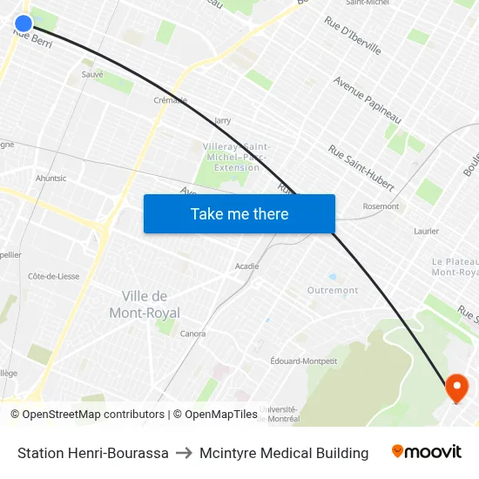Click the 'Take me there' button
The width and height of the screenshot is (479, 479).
(239, 214)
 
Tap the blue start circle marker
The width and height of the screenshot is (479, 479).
(24, 24)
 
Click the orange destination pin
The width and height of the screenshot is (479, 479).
(456, 388)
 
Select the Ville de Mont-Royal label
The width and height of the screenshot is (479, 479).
(145, 305)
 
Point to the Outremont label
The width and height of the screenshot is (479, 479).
(333, 290)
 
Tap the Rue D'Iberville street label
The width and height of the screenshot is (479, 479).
(353, 36)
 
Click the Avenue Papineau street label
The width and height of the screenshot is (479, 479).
(367, 99)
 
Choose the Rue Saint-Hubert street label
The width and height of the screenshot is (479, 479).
(361, 168)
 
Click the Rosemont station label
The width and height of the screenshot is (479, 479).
(381, 206)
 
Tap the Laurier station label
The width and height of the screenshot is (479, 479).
(426, 232)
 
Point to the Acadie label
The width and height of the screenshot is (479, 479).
(247, 266)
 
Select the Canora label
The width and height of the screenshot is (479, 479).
(193, 334)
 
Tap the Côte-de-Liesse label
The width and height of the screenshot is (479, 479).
(54, 276)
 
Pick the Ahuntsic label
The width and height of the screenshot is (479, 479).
(51, 179)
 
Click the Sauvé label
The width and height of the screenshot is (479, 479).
(92, 75)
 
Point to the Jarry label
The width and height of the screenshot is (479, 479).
(222, 121)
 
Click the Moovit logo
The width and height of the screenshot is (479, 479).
(427, 452)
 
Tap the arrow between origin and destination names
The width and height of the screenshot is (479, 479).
(184, 453)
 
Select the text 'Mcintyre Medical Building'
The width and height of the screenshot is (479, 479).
(284, 453)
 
